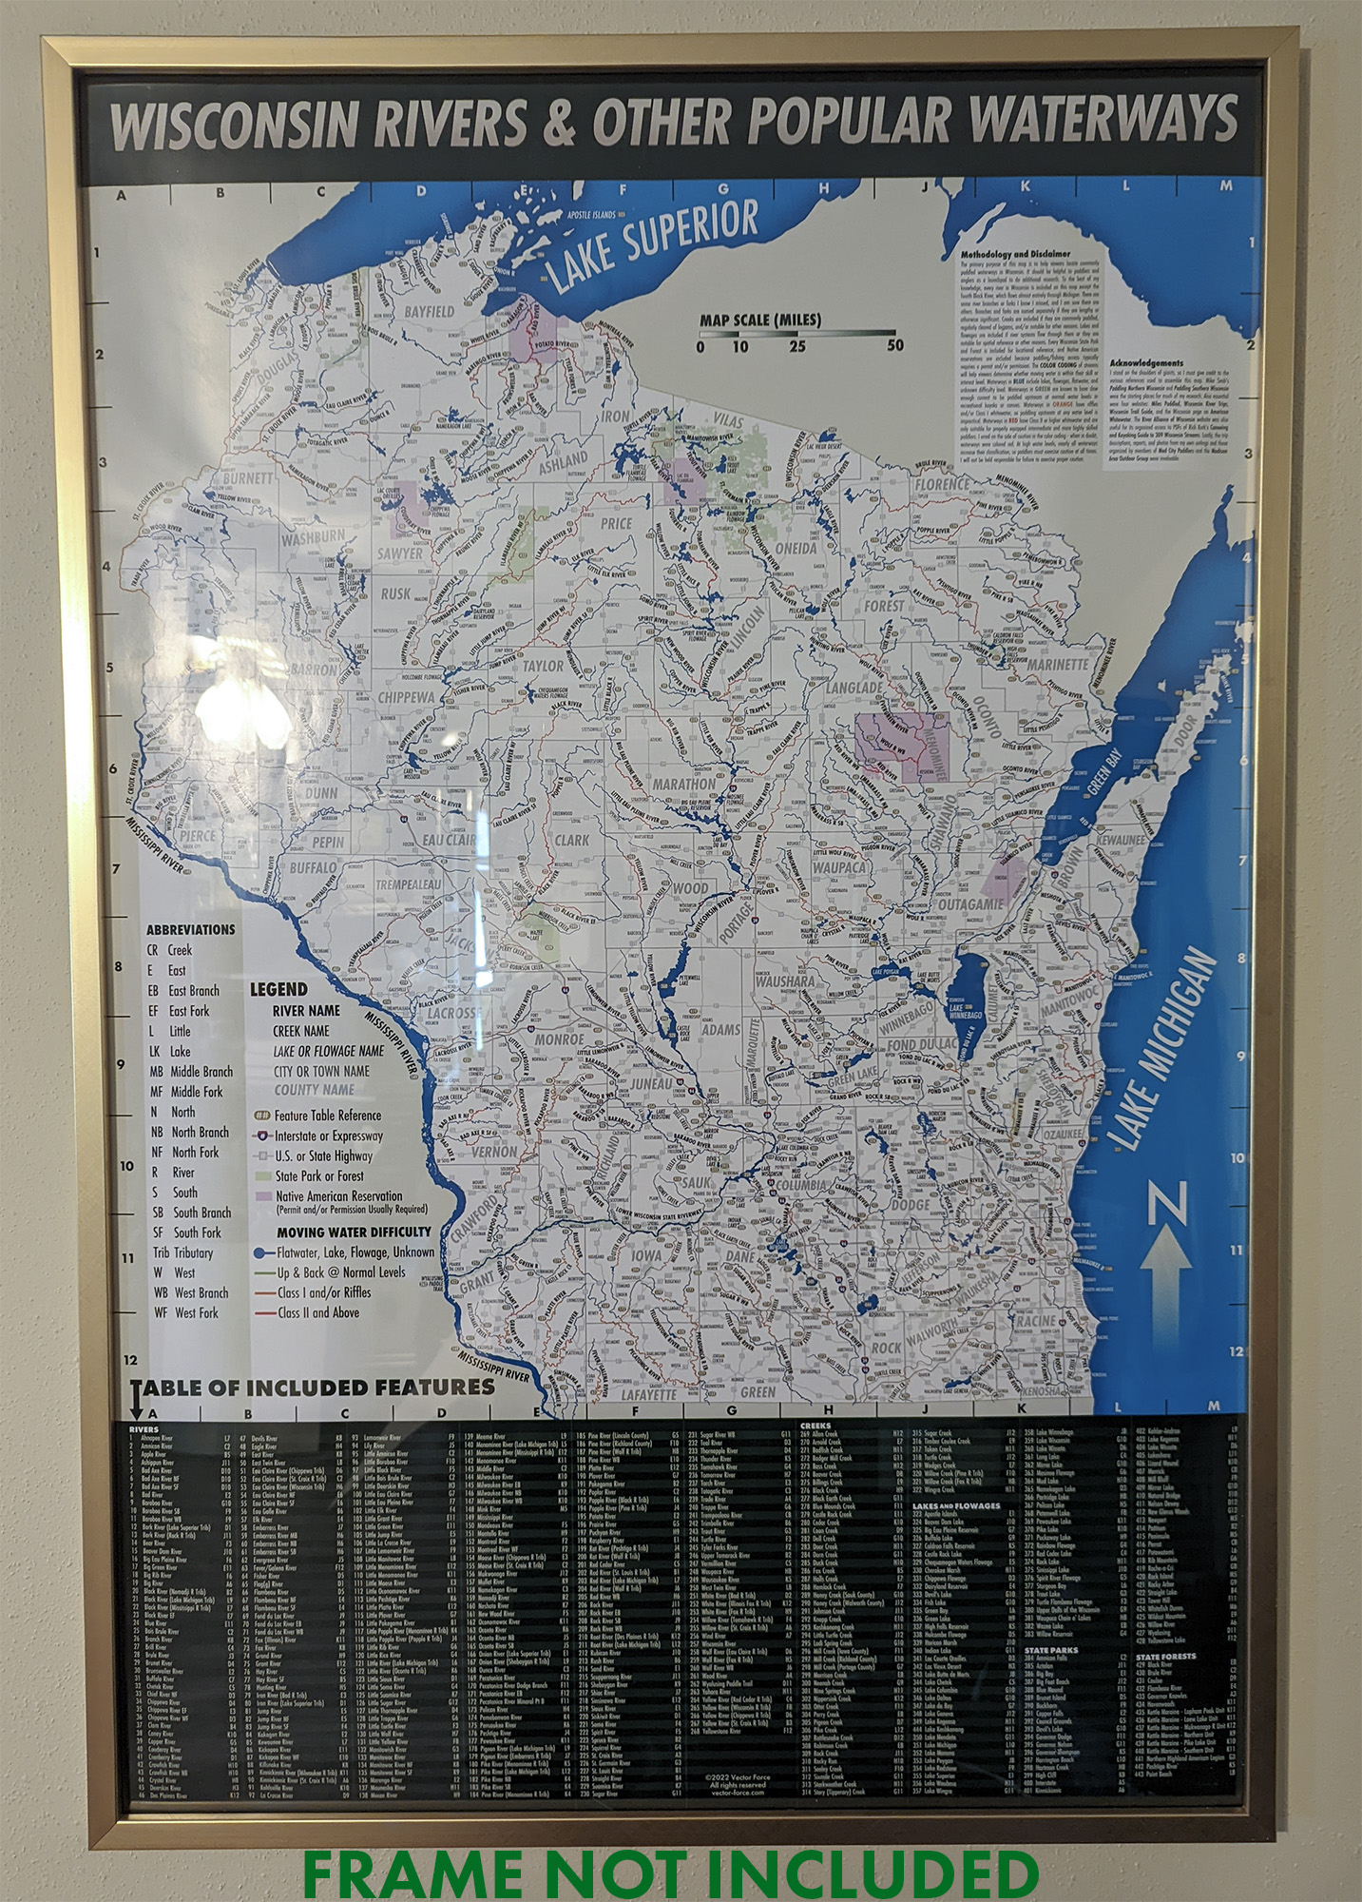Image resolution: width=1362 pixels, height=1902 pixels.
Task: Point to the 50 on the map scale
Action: [x=894, y=345]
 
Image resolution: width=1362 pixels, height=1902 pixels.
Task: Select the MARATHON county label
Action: [x=684, y=785]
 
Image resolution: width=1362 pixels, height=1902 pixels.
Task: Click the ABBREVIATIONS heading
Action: [x=189, y=929]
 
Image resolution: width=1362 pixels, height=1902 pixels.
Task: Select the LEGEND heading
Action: [x=278, y=989]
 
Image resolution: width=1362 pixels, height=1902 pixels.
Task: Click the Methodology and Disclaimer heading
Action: [x=1016, y=255]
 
